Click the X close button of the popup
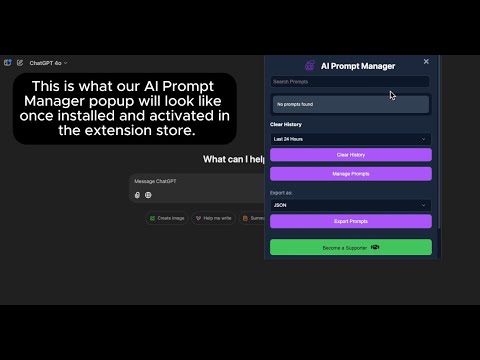pyautogui.click(x=426, y=61)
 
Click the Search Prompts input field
pyautogui.click(x=350, y=82)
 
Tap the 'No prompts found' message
pyautogui.click(x=350, y=104)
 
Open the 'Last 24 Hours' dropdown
pyautogui.click(x=350, y=139)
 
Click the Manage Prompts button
pyautogui.click(x=350, y=174)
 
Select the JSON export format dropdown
pyautogui.click(x=350, y=205)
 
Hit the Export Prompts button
pyautogui.click(x=350, y=221)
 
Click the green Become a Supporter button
pyautogui.click(x=350, y=247)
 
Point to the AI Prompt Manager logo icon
pyautogui.click(x=309, y=66)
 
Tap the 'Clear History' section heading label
pyautogui.click(x=287, y=125)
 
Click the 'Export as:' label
pyautogui.click(x=281, y=192)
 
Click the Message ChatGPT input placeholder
pyautogui.click(x=155, y=181)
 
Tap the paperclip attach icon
pyautogui.click(x=138, y=195)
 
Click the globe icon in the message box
pyautogui.click(x=148, y=195)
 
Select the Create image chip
pyautogui.click(x=166, y=218)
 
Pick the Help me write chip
pyautogui.click(x=213, y=218)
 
